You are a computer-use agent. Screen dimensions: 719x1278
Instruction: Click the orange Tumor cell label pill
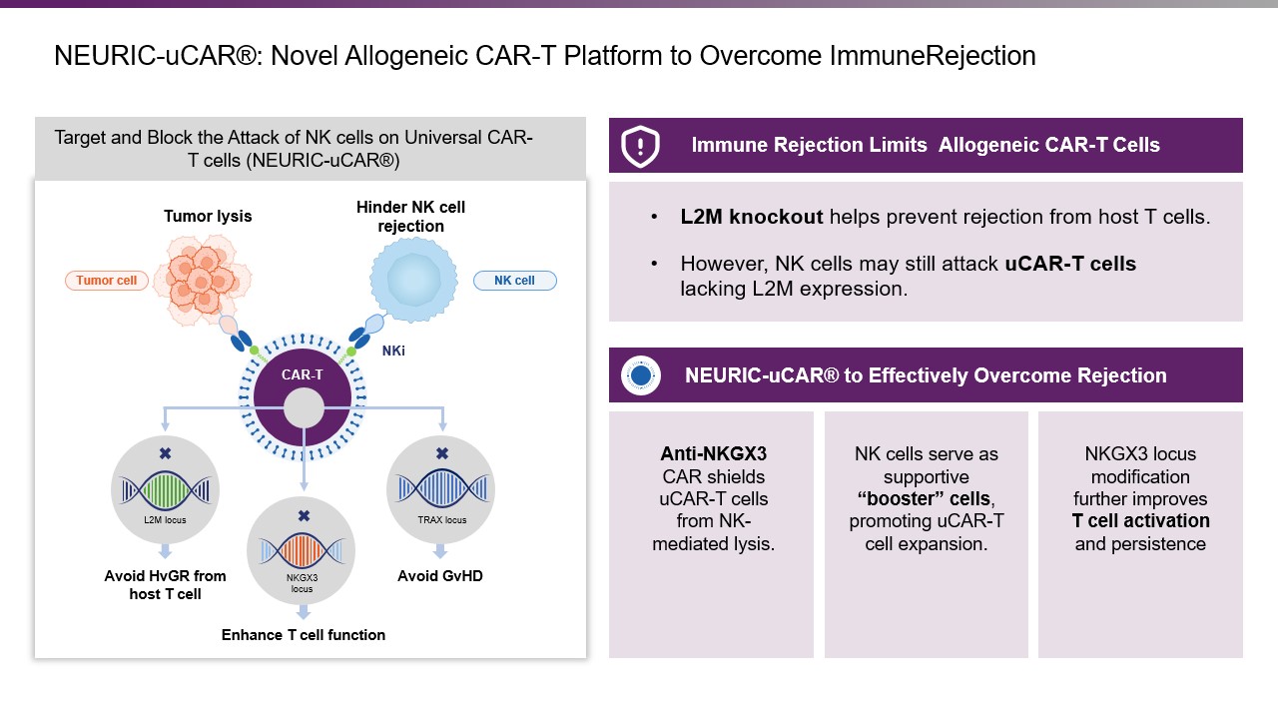107,281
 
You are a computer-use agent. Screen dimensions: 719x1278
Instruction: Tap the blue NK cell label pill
514,281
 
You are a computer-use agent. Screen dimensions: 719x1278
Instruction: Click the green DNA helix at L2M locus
165,489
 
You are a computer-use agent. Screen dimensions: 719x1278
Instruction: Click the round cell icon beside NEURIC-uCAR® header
641,375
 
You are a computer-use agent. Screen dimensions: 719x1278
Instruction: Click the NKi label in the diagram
393,351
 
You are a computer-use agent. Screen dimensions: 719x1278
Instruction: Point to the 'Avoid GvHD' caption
440,576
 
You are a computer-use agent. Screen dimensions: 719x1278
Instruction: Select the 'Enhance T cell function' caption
303,635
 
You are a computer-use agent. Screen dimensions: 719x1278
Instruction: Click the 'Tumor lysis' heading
208,217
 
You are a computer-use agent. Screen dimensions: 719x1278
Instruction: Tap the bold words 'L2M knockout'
751,217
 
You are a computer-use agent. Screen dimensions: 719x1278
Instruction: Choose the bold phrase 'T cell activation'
1140,521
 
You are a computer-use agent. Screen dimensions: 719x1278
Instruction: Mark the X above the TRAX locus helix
441,453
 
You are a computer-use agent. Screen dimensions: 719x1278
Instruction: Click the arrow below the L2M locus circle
165,550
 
